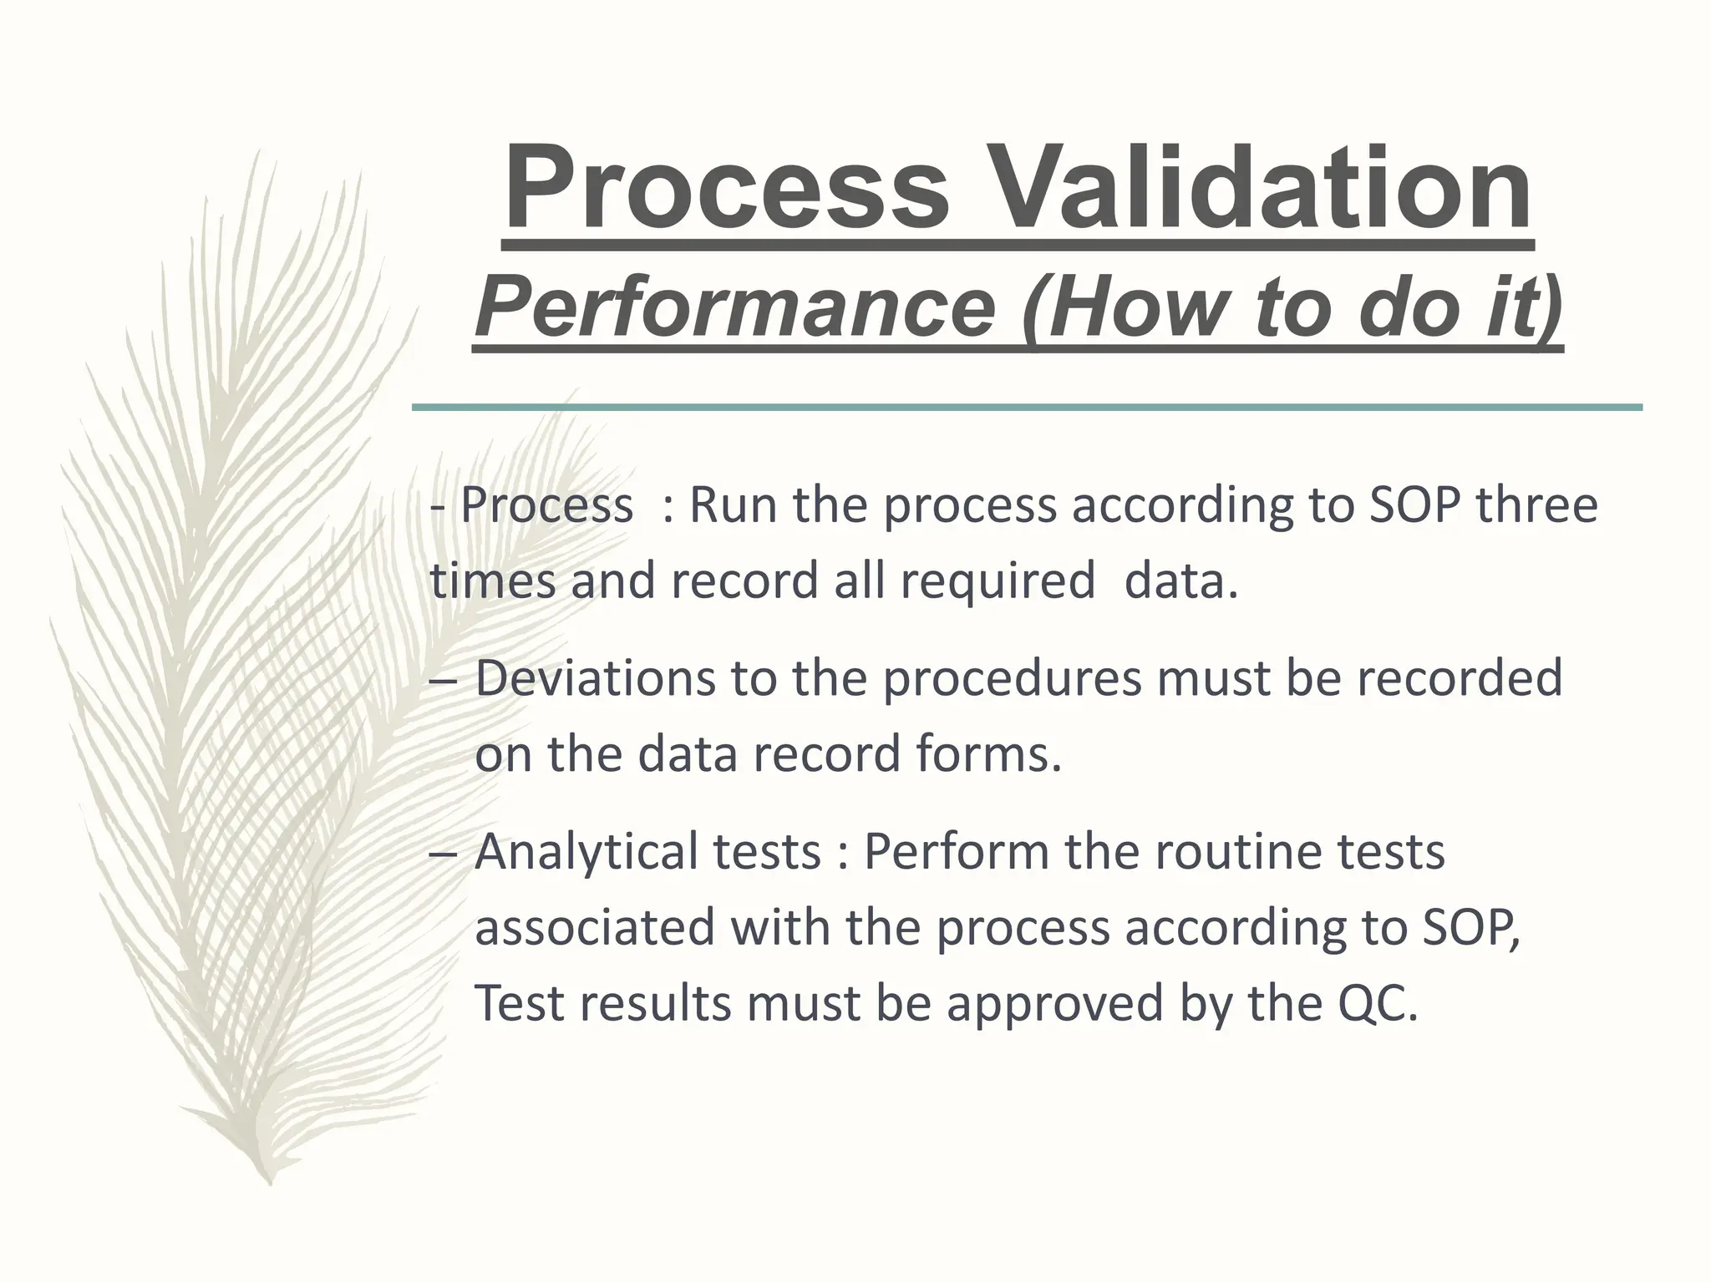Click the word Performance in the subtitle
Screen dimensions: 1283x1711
735,308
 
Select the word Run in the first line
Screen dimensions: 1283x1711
733,505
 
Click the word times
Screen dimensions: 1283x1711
492,581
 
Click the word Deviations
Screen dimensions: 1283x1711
596,677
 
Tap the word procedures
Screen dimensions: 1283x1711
1012,679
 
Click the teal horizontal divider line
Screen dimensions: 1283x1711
1027,408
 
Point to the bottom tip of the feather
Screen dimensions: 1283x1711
269,1181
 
